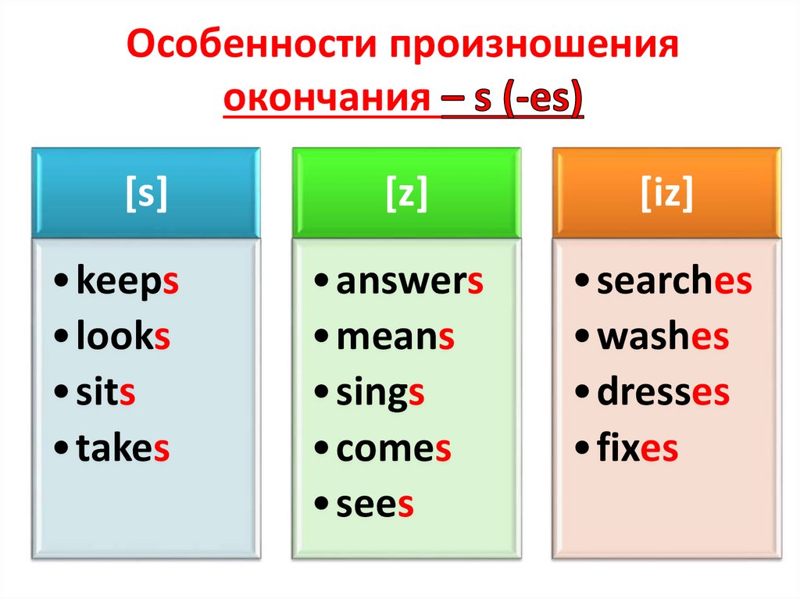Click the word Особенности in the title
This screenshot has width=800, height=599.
tap(248, 48)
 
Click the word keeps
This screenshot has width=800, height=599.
tap(127, 283)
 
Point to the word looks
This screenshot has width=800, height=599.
tap(123, 338)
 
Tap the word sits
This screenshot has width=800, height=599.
tap(106, 394)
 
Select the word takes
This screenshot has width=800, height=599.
tap(123, 449)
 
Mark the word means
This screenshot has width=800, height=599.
tap(395, 338)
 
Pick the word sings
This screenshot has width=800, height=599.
tap(380, 394)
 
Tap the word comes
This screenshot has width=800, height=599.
tap(394, 449)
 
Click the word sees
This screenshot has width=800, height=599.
tap(374, 505)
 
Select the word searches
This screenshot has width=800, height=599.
tap(673, 283)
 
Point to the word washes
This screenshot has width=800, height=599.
tap(662, 338)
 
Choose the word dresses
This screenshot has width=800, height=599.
tap(662, 394)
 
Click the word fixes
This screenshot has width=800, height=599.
tap(637, 449)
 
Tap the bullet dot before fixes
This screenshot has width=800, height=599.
tap(583, 450)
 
